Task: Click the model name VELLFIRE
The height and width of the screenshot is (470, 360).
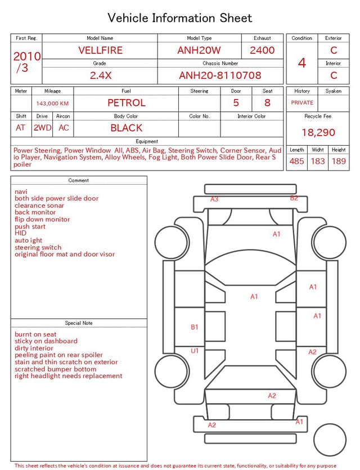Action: [x=100, y=50]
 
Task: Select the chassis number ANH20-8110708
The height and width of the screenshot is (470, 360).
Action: [x=220, y=75]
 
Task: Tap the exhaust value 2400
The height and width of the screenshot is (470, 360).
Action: [x=262, y=50]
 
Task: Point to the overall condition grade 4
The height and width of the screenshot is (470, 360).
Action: [x=302, y=63]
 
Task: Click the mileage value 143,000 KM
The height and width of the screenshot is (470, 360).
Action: [x=52, y=104]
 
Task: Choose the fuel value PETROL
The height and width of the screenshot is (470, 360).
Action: [x=127, y=103]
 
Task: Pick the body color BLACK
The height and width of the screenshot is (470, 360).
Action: [x=127, y=128]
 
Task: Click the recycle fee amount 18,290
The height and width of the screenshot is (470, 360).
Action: [x=318, y=132]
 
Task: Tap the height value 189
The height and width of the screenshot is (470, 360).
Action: [x=339, y=161]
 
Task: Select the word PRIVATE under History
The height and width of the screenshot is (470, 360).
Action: [x=302, y=102]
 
